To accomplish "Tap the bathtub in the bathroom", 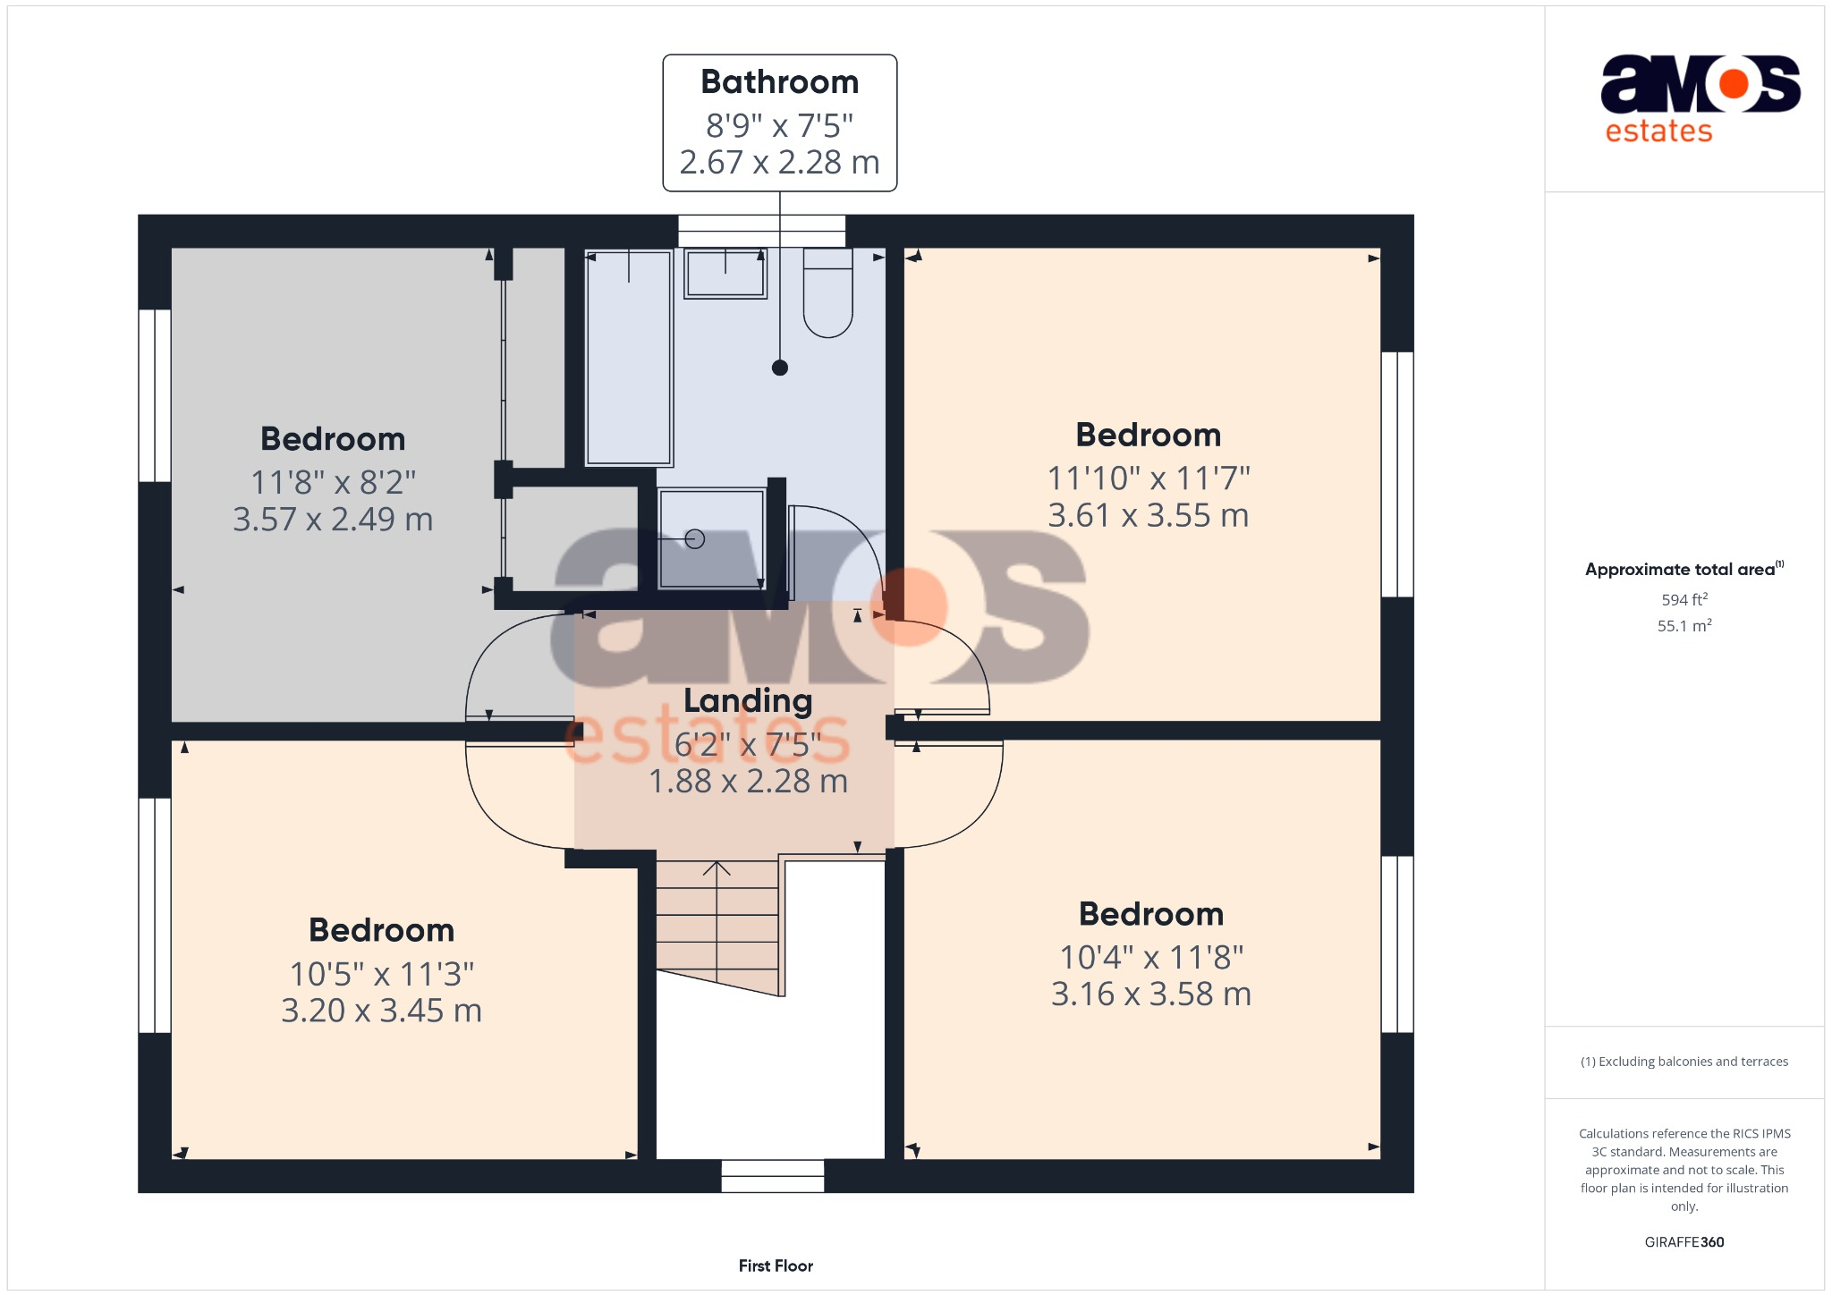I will click(x=628, y=358).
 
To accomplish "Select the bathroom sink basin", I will click(x=725, y=274).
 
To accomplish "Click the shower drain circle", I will click(x=695, y=538).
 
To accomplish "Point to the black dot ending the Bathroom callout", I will click(x=780, y=368).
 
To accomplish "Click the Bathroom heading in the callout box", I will click(x=780, y=82).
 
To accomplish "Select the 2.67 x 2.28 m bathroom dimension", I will click(x=780, y=163).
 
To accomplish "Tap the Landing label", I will click(x=748, y=700).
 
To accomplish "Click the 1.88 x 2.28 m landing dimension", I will click(x=748, y=782).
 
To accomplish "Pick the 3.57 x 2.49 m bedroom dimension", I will click(x=333, y=520).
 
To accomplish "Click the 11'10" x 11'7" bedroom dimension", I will click(x=1149, y=478).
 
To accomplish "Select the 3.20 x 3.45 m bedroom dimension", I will click(x=382, y=1011).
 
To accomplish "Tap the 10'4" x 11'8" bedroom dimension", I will click(x=1151, y=958).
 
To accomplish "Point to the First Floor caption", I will click(x=776, y=1265).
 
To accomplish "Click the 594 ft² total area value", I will click(x=1684, y=600).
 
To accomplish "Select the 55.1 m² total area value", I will click(x=1684, y=626).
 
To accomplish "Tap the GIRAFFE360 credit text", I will click(x=1684, y=1242).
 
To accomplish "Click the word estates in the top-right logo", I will click(x=1658, y=131).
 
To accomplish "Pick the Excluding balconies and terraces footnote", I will click(x=1684, y=1062).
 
